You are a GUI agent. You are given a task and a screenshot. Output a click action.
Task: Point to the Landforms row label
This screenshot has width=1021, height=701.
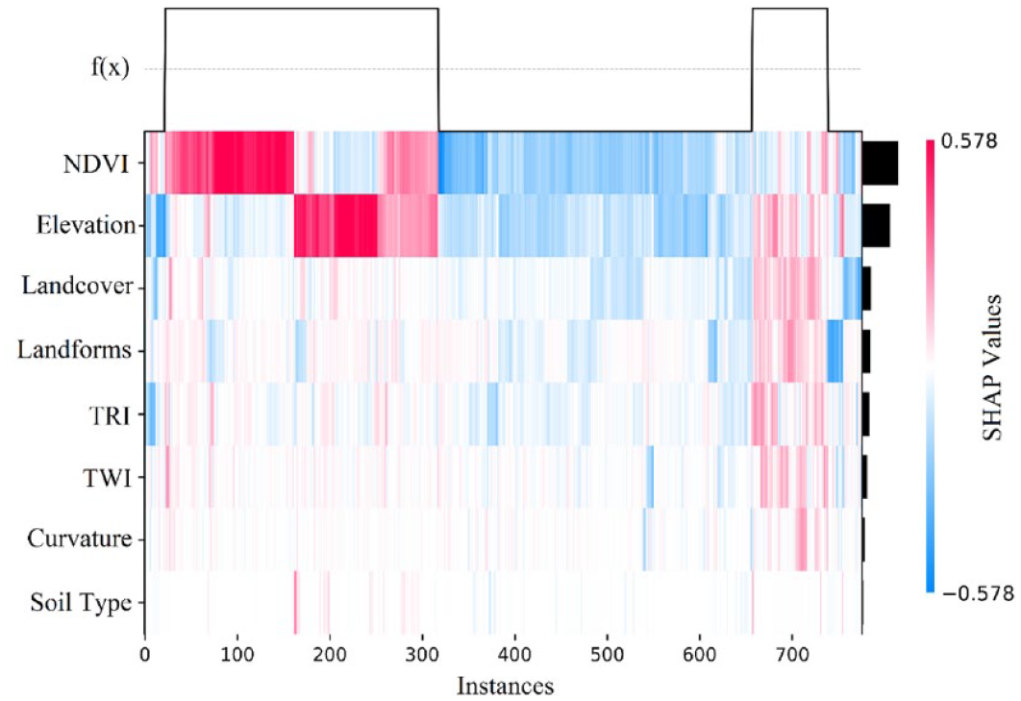point(74,350)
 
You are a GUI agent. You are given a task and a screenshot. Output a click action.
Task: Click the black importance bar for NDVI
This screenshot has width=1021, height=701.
point(879,163)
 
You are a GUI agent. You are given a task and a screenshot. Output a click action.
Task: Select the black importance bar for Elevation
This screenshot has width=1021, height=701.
point(875,225)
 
